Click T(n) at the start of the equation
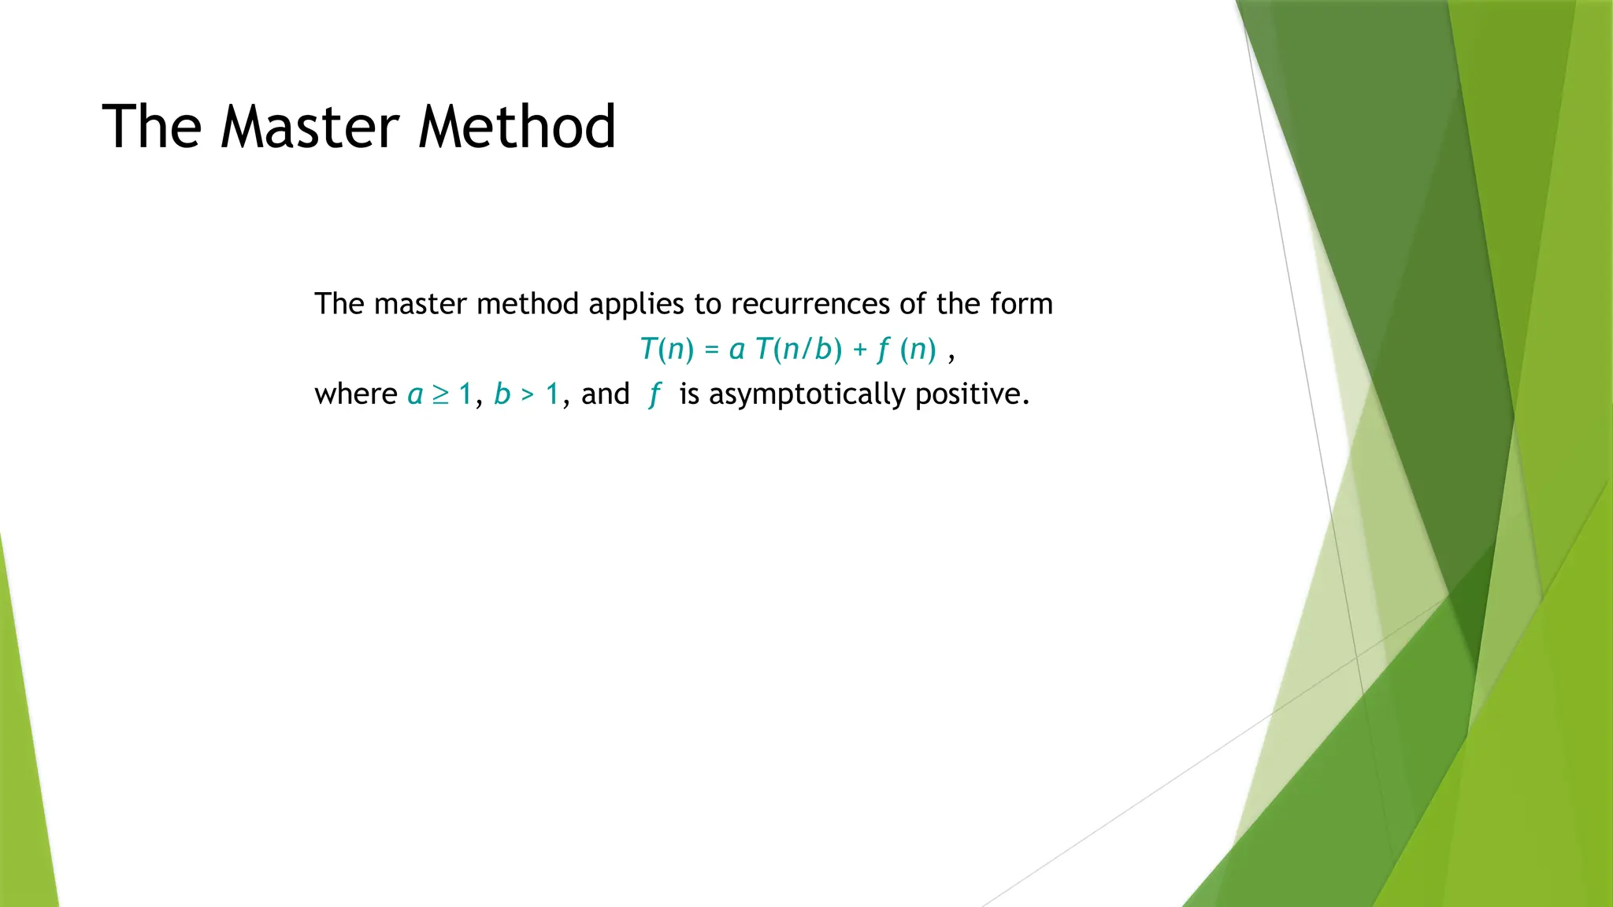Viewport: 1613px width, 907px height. [666, 349]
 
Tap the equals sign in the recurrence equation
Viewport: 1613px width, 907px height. [712, 350]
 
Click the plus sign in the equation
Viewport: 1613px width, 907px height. [860, 350]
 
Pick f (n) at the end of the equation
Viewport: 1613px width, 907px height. [907, 349]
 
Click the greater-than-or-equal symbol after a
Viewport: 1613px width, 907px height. [440, 394]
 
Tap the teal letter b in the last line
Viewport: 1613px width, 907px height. [502, 394]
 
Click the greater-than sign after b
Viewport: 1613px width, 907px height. [528, 394]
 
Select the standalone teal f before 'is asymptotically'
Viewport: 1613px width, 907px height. [654, 394]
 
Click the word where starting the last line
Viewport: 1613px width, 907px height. [356, 394]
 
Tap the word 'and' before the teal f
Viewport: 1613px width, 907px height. [605, 394]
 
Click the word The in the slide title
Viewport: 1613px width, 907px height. [151, 127]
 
